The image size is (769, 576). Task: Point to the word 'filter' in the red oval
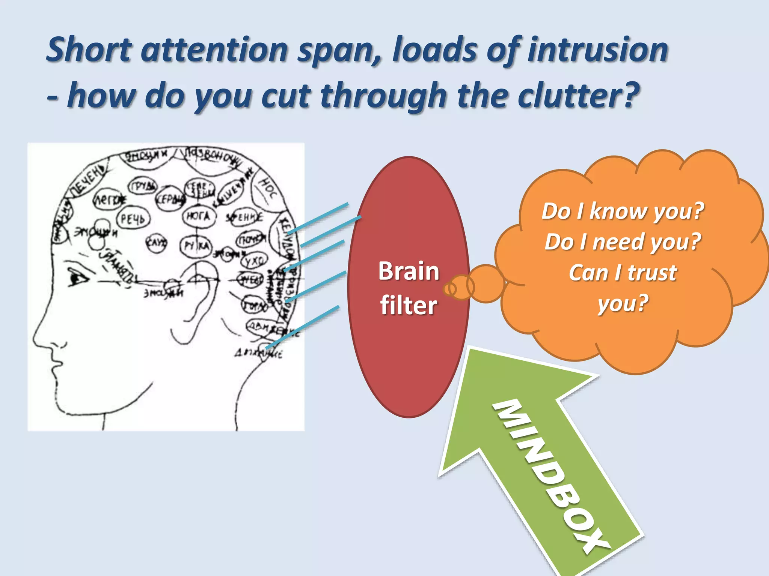pos(409,305)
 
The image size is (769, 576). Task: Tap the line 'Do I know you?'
pos(623,211)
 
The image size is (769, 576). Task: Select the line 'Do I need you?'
pos(623,242)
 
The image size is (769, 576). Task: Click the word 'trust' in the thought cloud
pos(652,273)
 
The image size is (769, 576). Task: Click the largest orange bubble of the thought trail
pos(486,283)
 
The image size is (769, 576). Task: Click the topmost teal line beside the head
pos(318,218)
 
